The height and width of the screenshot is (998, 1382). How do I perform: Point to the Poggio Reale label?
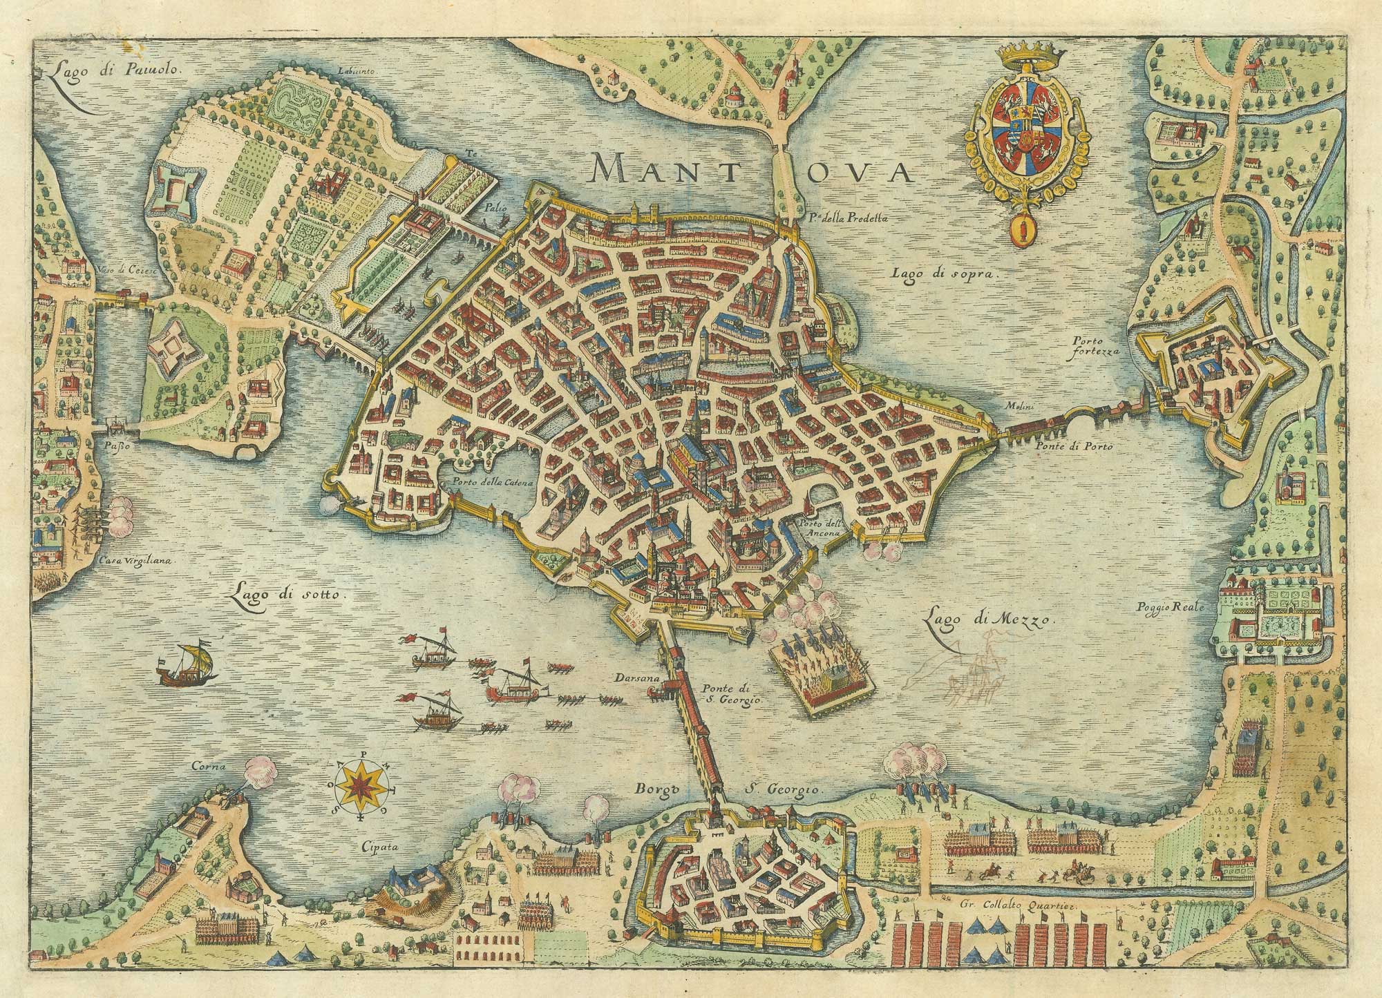pyautogui.click(x=1170, y=607)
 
